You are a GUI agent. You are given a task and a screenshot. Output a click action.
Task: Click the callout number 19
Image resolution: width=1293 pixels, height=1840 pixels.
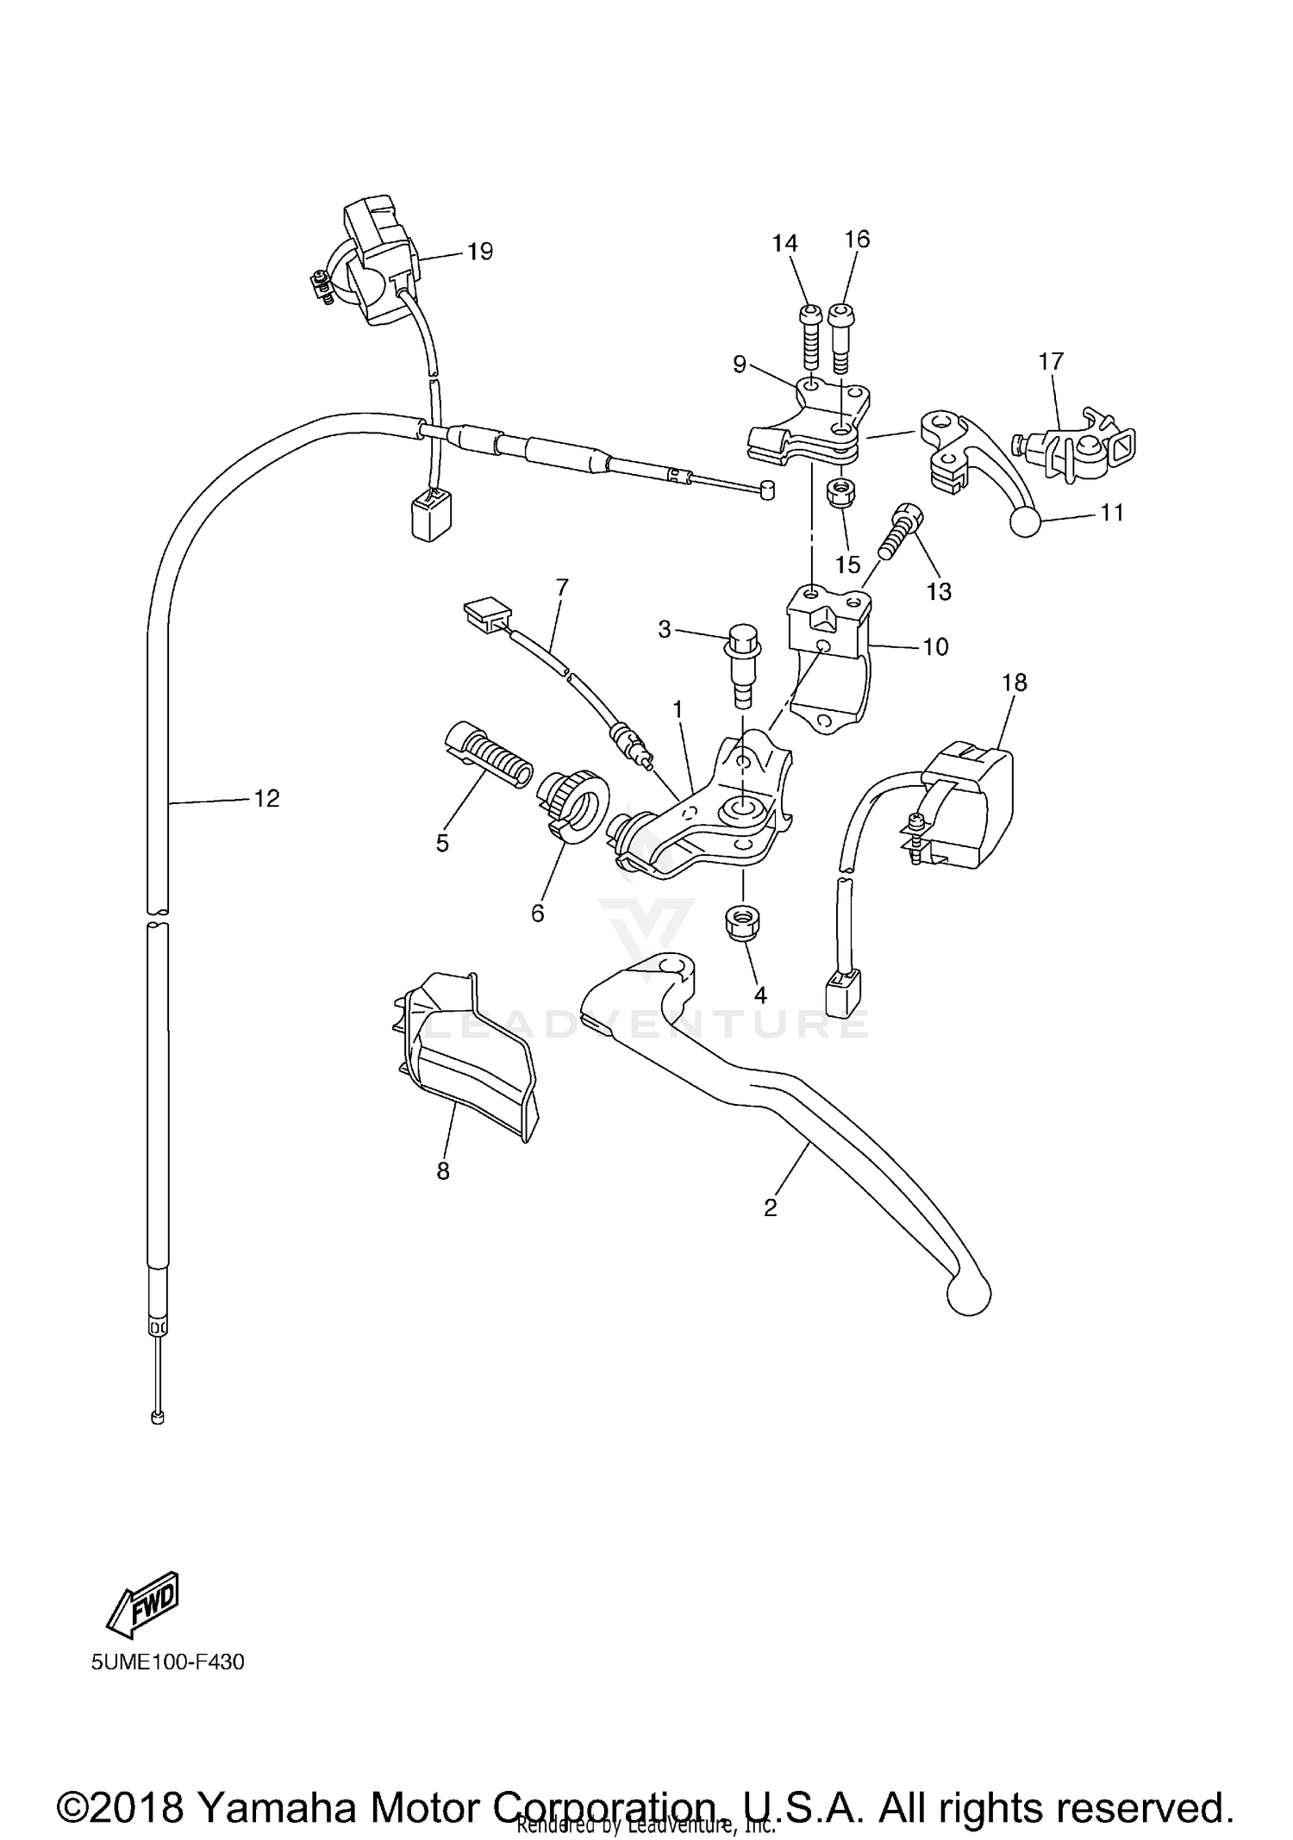point(479,251)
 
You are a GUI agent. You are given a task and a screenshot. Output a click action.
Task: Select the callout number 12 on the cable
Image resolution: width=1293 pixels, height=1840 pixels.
point(266,798)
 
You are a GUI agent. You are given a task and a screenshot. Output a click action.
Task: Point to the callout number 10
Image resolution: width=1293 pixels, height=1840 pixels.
point(935,646)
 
